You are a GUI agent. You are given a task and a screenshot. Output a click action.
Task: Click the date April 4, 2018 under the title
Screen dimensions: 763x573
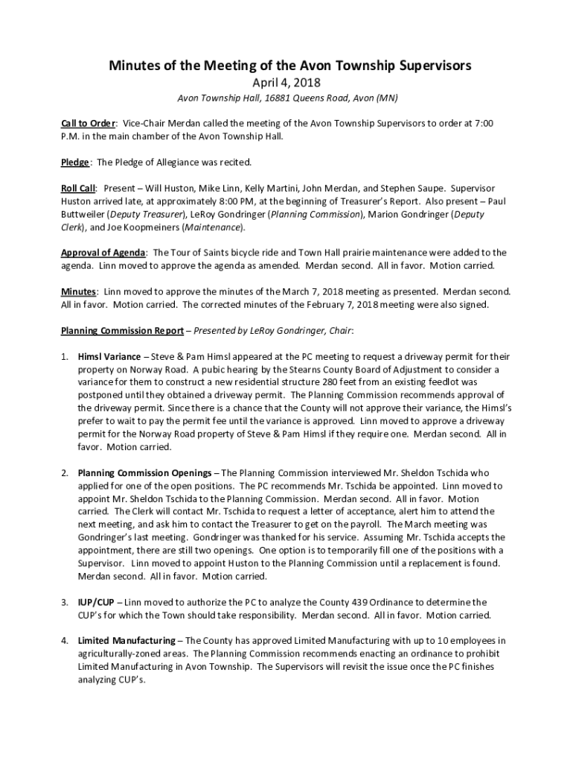[286, 83]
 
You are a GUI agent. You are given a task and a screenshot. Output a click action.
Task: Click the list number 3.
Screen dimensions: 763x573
[64, 602]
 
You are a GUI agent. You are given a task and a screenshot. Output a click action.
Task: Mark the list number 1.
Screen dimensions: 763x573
[64, 356]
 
